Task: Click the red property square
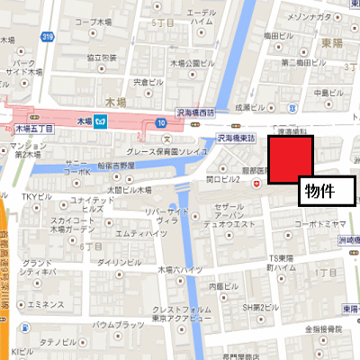point(288,161)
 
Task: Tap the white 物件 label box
point(327,192)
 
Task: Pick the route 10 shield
point(161,121)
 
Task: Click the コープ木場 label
point(94,20)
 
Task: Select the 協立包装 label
point(104,58)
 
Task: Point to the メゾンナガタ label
point(307,14)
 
